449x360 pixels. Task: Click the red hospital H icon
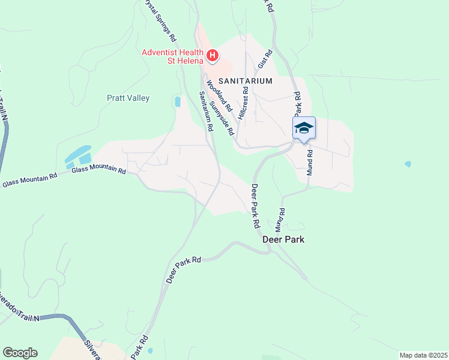click(x=212, y=56)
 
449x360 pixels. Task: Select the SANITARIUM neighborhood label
click(x=245, y=80)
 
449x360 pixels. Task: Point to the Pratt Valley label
click(x=128, y=98)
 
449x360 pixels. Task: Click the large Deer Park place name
click(x=284, y=239)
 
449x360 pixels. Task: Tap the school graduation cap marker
click(x=304, y=128)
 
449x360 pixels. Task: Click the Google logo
click(x=20, y=353)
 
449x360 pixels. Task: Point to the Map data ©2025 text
click(x=423, y=355)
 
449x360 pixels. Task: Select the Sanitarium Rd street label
click(x=206, y=110)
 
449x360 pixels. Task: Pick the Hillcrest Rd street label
click(x=243, y=103)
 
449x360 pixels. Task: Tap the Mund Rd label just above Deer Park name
click(x=280, y=220)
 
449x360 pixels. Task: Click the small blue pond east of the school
click(x=408, y=164)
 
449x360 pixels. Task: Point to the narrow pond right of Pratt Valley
click(x=177, y=101)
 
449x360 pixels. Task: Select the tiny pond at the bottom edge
click(x=149, y=350)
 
